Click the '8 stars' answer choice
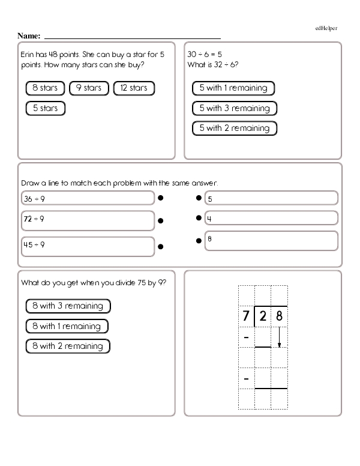coord(45,88)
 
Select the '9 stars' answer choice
coord(88,88)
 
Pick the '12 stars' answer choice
coord(133,88)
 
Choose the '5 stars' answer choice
coord(45,109)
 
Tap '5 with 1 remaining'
coord(233,88)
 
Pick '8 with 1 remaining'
coord(67,327)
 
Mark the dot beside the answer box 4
coord(197,219)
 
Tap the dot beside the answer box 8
coord(197,241)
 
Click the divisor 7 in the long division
coord(246,316)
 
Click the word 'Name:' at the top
coord(29,36)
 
